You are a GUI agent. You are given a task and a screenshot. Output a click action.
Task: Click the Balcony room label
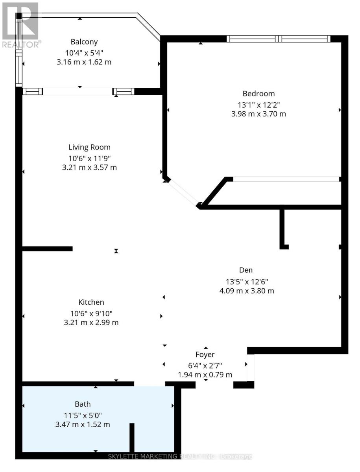84,42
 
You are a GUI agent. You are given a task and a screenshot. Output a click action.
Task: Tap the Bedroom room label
258,94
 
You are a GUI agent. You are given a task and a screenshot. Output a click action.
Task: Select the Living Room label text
89,147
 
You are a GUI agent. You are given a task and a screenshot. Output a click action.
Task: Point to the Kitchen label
91,302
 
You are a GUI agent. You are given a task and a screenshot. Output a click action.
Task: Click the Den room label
246,270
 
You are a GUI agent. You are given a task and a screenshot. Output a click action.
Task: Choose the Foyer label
205,354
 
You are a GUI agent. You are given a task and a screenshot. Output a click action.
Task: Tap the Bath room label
83,404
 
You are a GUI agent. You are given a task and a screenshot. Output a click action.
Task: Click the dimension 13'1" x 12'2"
258,104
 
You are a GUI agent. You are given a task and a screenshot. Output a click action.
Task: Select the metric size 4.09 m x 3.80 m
246,291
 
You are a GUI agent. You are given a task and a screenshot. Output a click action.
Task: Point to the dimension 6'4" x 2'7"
205,365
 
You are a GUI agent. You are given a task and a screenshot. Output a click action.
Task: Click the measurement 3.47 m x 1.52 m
83,424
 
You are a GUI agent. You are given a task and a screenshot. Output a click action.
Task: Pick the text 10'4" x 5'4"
84,52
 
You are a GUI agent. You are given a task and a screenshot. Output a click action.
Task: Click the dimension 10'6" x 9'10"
91,313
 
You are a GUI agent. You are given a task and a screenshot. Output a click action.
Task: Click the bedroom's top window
278,39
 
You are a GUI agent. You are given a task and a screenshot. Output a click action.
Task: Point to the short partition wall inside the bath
132,437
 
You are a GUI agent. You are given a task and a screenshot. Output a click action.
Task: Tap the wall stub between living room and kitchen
47,249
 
